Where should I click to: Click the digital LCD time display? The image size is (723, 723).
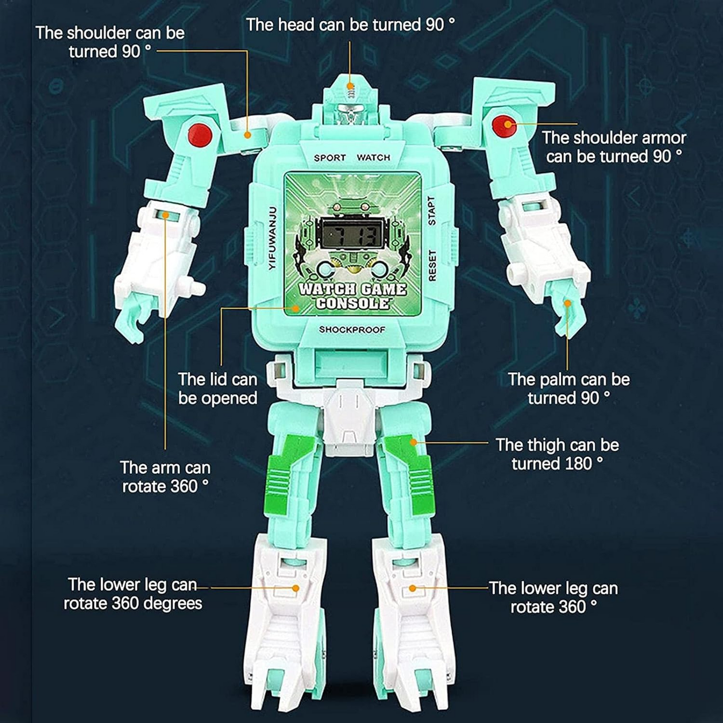point(352,234)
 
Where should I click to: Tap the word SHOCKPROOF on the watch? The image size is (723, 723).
point(352,330)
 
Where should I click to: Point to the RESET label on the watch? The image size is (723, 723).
point(432,266)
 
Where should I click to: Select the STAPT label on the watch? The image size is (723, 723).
point(432,211)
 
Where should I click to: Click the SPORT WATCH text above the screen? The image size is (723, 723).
point(352,158)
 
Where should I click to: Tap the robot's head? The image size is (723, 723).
point(350,100)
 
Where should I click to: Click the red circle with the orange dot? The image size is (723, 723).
point(504,126)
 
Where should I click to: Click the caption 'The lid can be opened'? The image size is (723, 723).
point(218,389)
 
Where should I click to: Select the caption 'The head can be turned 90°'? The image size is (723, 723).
point(350,25)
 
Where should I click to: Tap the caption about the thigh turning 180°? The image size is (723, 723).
point(557,454)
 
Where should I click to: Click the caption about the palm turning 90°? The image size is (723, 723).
point(569,389)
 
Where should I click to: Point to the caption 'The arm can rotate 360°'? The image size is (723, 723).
point(165,477)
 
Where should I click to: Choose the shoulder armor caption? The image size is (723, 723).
point(614,147)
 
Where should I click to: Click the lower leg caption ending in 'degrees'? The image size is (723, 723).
point(133,594)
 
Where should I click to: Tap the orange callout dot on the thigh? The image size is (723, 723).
point(413,442)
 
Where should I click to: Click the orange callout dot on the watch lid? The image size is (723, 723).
point(296,308)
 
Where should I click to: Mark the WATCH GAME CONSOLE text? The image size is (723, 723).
point(352,296)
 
